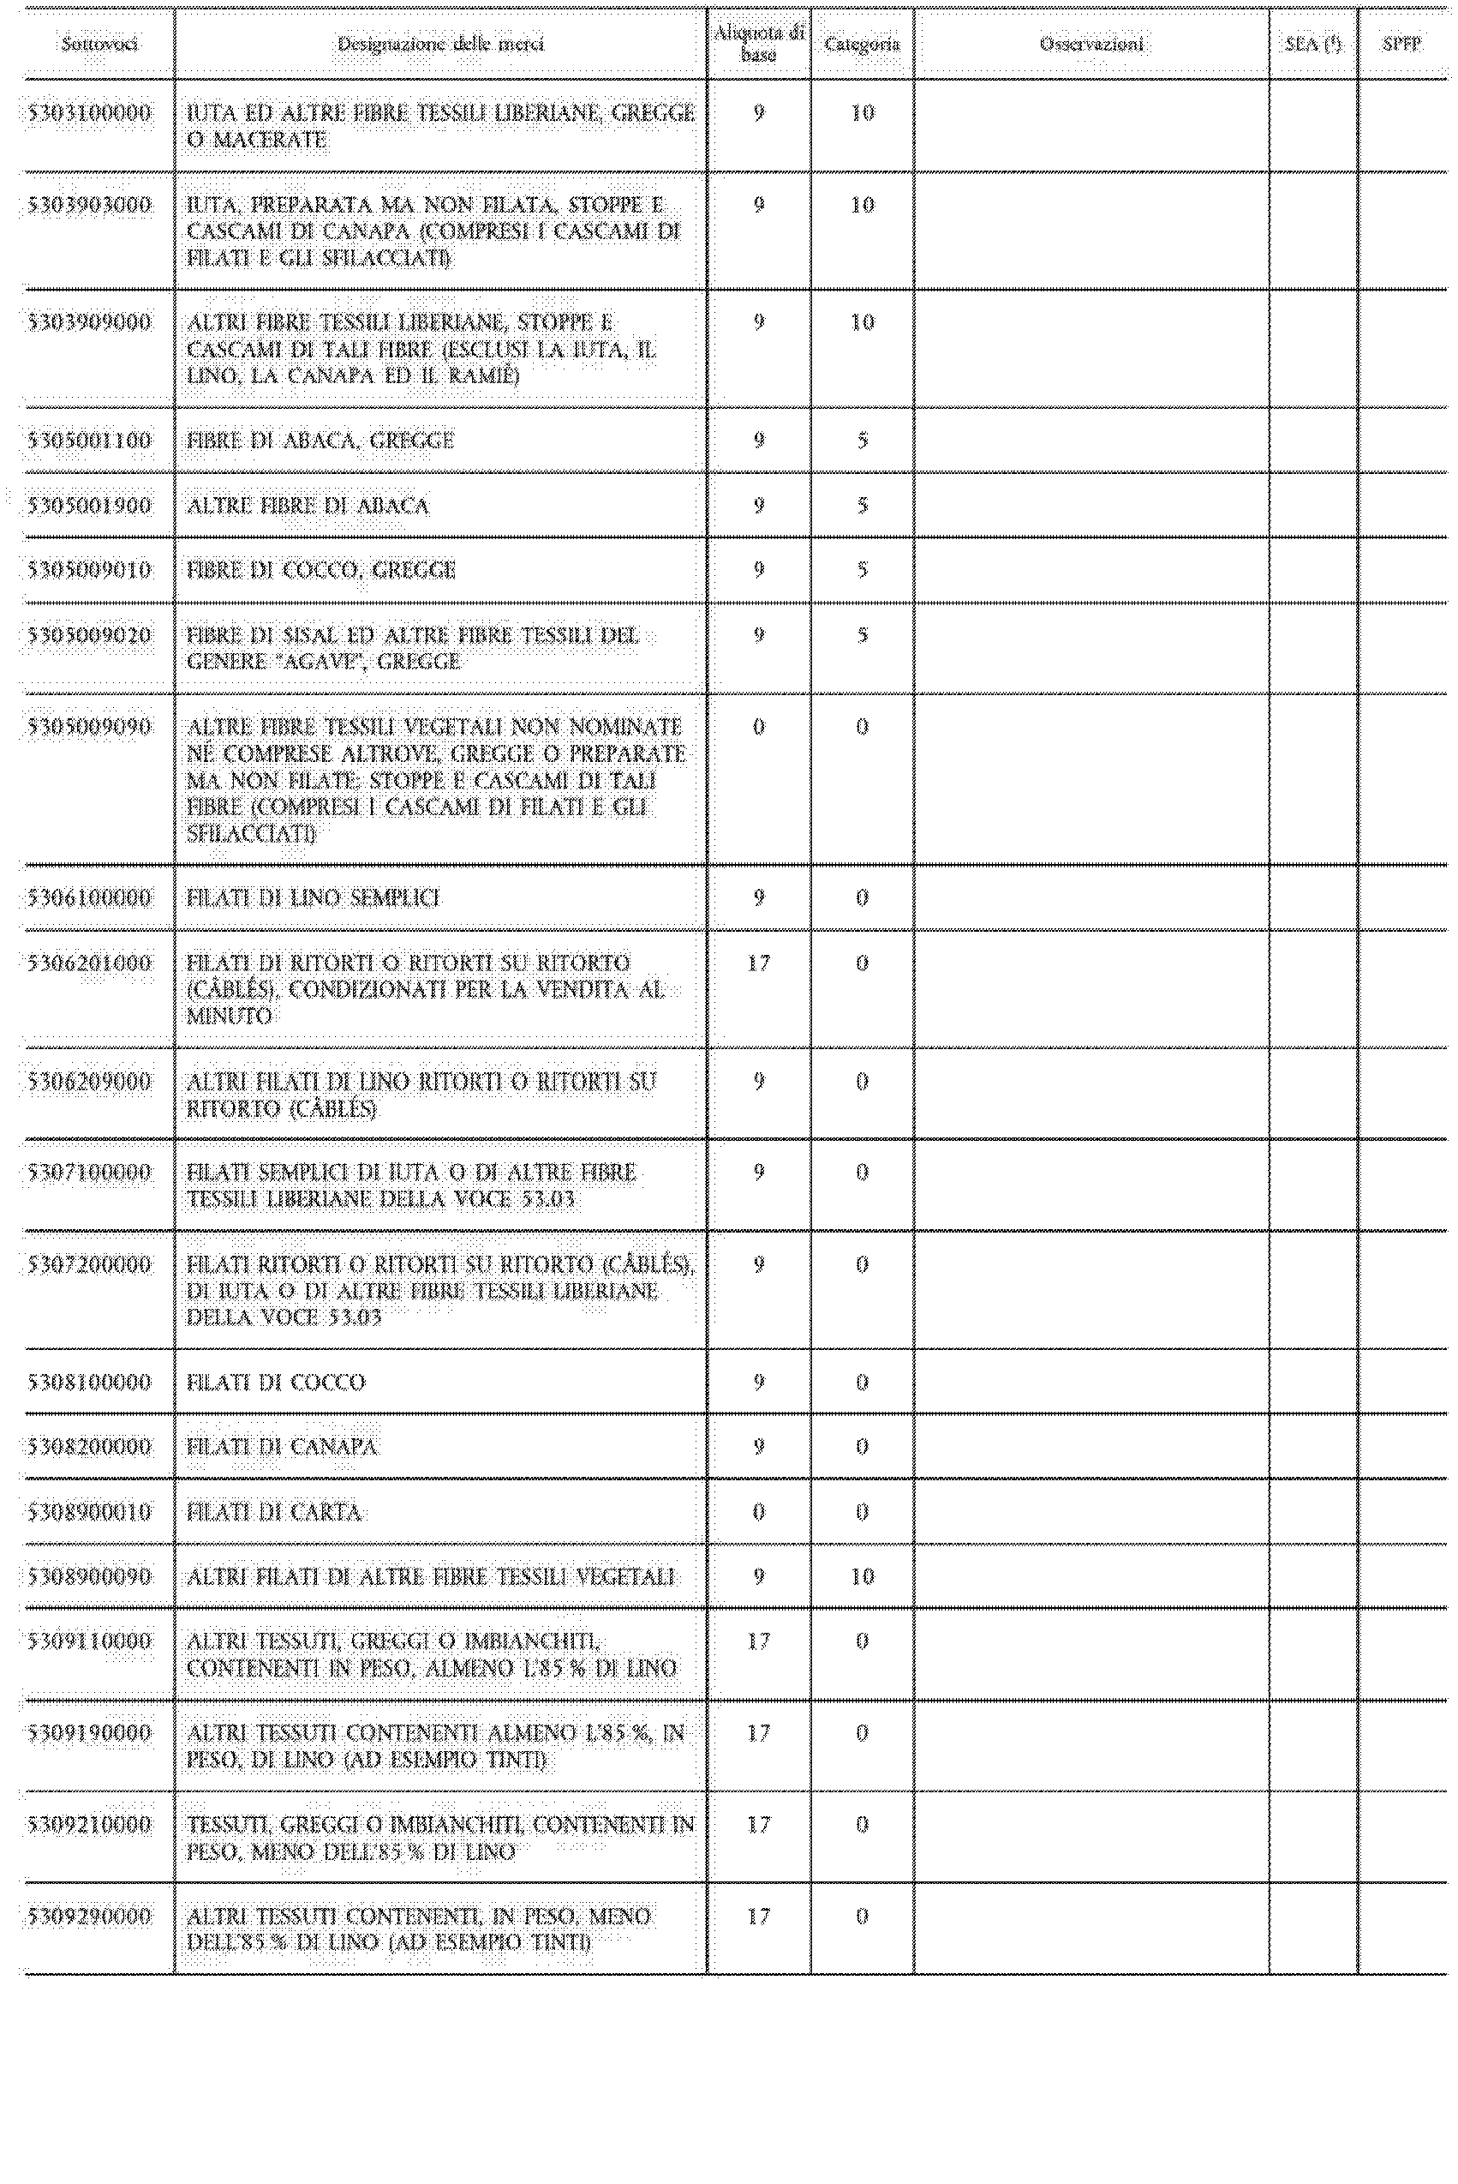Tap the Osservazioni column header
pos(1091,44)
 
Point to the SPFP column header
pos(1401,44)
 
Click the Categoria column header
pos(862,44)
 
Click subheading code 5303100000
pos(89,113)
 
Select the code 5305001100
pos(89,441)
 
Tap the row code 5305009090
pos(89,728)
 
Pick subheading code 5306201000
pos(89,963)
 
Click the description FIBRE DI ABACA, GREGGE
pos(320,441)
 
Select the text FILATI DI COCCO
pos(276,1383)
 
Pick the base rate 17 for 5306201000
pos(759,963)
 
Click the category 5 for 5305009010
pos(862,570)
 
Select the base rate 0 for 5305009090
pos(759,728)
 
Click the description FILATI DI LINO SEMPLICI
pos(314,898)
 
